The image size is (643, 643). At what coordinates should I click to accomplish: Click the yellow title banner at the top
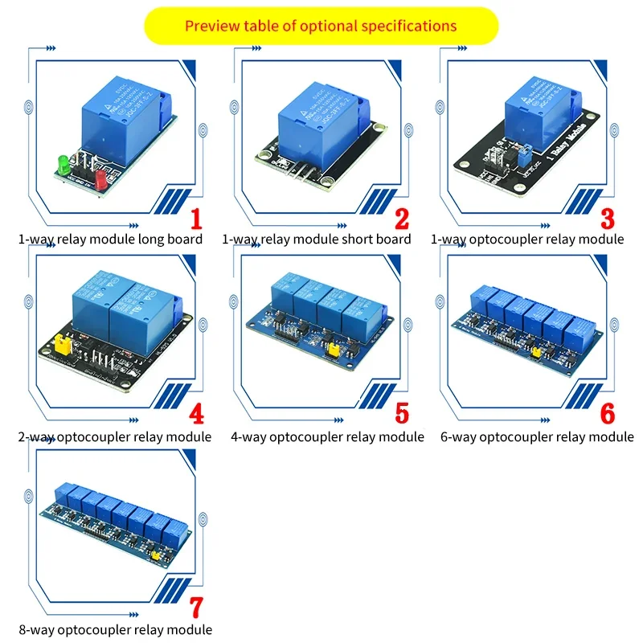pos(321,26)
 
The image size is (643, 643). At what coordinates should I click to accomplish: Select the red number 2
pos(402,219)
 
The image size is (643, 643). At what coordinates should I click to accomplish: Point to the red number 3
pos(608,219)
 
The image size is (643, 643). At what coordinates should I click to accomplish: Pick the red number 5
pos(402,414)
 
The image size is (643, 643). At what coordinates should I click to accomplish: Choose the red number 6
pos(608,414)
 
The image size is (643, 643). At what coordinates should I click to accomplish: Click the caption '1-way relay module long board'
pos(110,239)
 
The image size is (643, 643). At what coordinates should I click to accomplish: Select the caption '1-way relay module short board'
pos(316,239)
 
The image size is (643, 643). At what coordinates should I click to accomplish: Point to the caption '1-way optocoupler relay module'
pos(527,239)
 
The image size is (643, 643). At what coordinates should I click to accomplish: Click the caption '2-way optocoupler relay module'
pos(115,436)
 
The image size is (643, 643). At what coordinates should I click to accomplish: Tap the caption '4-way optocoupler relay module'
pos(327,436)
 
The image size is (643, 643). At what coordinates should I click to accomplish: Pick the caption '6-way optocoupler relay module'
pos(537,436)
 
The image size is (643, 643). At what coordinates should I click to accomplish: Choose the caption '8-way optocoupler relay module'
pos(115,629)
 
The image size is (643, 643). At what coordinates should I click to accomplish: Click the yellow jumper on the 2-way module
pos(59,346)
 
